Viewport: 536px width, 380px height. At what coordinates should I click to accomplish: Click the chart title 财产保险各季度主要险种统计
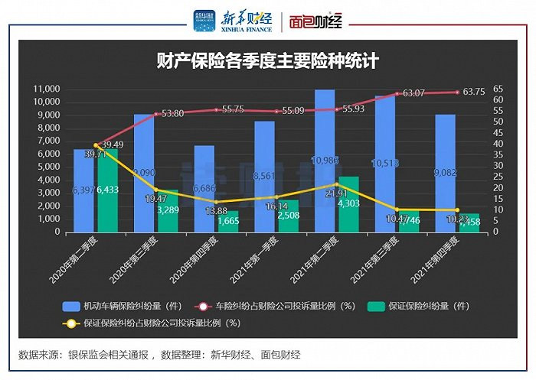pos(268,60)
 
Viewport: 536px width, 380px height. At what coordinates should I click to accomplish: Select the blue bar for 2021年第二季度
pos(325,161)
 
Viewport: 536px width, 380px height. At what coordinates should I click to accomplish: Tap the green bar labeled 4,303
pos(348,204)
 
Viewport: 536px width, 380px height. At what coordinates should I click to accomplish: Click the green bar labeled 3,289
pos(168,211)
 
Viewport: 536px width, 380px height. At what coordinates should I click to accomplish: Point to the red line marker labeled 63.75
pos(457,92)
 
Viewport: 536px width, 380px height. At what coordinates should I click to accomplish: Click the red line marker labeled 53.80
pos(156,114)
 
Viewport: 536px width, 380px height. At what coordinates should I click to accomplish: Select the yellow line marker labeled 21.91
pos(337,184)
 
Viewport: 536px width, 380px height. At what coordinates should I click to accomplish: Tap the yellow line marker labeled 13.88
pos(217,202)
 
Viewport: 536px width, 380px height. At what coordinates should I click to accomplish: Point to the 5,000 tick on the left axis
pos(47,167)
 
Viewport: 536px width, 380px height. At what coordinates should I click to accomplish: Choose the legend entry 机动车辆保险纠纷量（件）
pos(122,305)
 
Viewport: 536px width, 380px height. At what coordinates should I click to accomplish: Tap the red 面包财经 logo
pos(319,21)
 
